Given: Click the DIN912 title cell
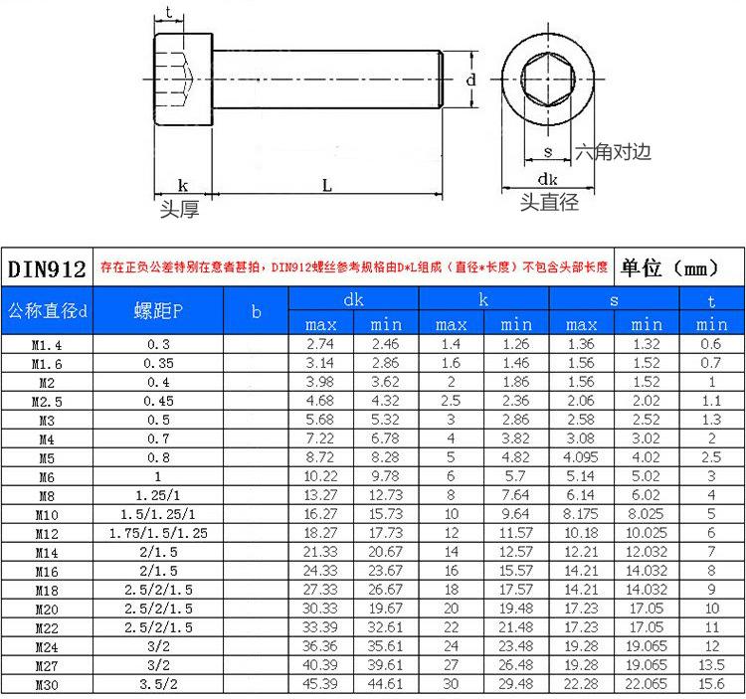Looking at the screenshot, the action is [47, 268].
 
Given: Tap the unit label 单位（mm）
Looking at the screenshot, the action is [669, 267].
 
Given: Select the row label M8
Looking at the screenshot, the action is [47, 496].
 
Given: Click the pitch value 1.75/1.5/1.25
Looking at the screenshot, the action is [158, 533].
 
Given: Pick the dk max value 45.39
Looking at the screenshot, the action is [319, 684].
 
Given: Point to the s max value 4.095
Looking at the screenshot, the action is [581, 457].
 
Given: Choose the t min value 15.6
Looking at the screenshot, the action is [711, 684].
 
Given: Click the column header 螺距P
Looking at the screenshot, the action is [158, 311].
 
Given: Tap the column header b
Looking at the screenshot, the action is [257, 311].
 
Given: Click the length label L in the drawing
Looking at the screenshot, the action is [327, 185].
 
